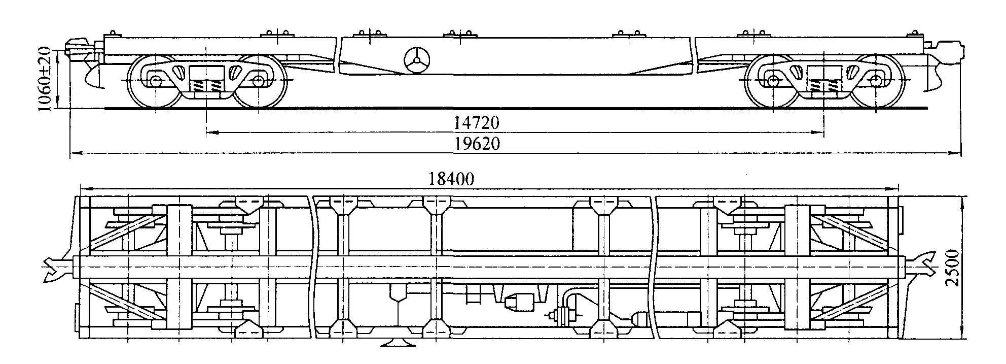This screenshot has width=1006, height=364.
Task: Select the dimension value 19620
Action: tap(476, 145)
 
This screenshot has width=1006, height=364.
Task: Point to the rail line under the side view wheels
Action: tap(516, 108)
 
